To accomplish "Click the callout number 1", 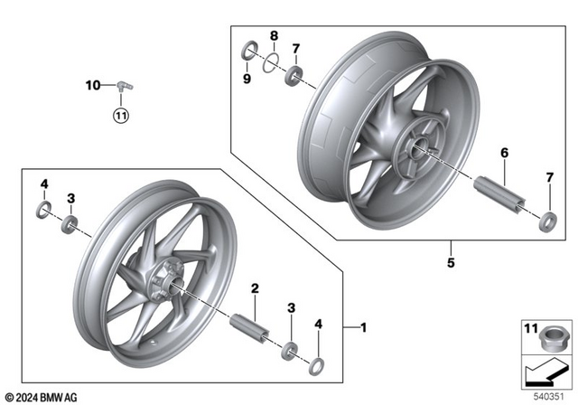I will coord(364,325).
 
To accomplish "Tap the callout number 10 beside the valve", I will coord(92,86).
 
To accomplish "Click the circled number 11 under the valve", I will coord(121,115).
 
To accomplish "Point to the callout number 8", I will coord(273,36).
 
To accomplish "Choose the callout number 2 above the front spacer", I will coord(256,288).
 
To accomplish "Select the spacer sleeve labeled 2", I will coord(249,327).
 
